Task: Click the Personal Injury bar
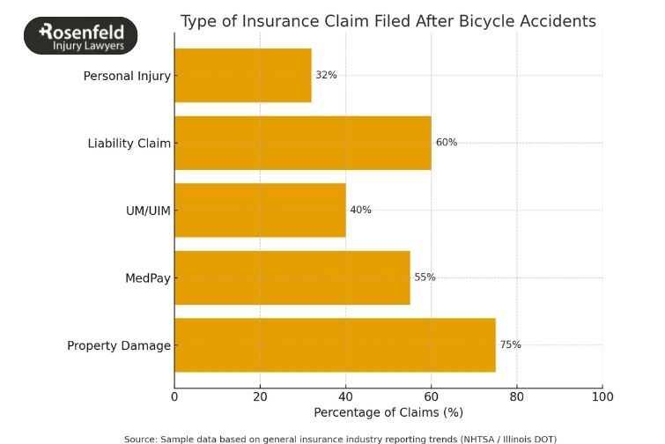pos(243,75)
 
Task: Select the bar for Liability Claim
pos(303,143)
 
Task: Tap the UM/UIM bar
pos(261,210)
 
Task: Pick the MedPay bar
pos(292,277)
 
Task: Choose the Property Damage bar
pos(335,345)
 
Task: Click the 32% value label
pos(326,75)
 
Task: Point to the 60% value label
pos(446,143)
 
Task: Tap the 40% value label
pos(360,210)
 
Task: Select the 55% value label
pos(425,277)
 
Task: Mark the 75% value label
pos(510,345)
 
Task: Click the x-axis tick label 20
pos(260,396)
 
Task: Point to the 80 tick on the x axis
pos(517,396)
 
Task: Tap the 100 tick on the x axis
pos(602,396)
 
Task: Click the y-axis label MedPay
pos(148,278)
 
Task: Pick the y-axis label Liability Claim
pos(129,143)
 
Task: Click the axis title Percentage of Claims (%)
pos(388,412)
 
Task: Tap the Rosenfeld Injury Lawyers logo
pos(81,36)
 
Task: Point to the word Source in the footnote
pos(139,438)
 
